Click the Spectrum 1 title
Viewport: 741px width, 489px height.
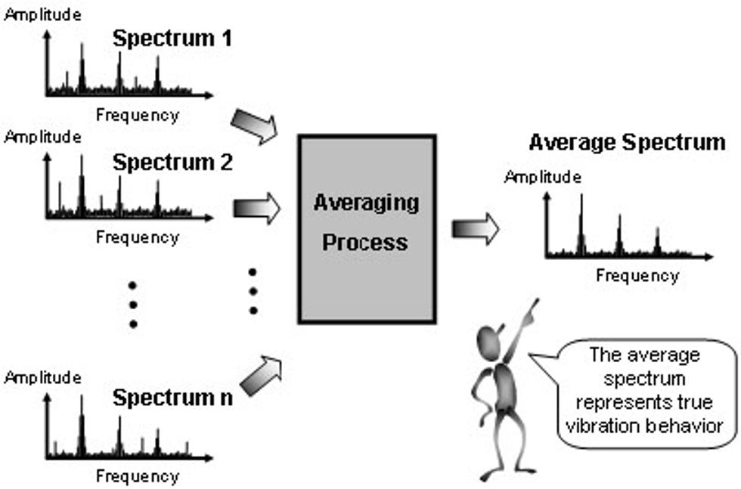click(x=172, y=39)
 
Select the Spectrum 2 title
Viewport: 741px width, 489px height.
click(x=172, y=162)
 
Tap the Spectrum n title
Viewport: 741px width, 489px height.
click(x=172, y=397)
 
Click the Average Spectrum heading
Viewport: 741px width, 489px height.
click(x=627, y=142)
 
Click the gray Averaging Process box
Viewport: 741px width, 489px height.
click(x=367, y=227)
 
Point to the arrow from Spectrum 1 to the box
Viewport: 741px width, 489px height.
click(x=254, y=126)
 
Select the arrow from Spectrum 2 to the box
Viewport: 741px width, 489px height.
click(x=256, y=209)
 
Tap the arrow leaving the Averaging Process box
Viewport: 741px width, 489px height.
click(x=476, y=228)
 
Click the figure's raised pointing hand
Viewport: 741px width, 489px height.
click(x=534, y=308)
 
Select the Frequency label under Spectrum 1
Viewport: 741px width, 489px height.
click(x=137, y=115)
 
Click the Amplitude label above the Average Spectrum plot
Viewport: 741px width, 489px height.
click(x=542, y=178)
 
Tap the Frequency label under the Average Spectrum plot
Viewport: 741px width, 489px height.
click(x=637, y=276)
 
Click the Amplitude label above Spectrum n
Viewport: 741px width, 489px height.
click(x=42, y=376)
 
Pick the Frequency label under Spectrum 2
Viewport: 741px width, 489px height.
click(x=137, y=237)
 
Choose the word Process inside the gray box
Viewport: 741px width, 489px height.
click(x=366, y=243)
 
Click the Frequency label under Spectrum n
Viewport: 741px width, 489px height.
click(x=137, y=476)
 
